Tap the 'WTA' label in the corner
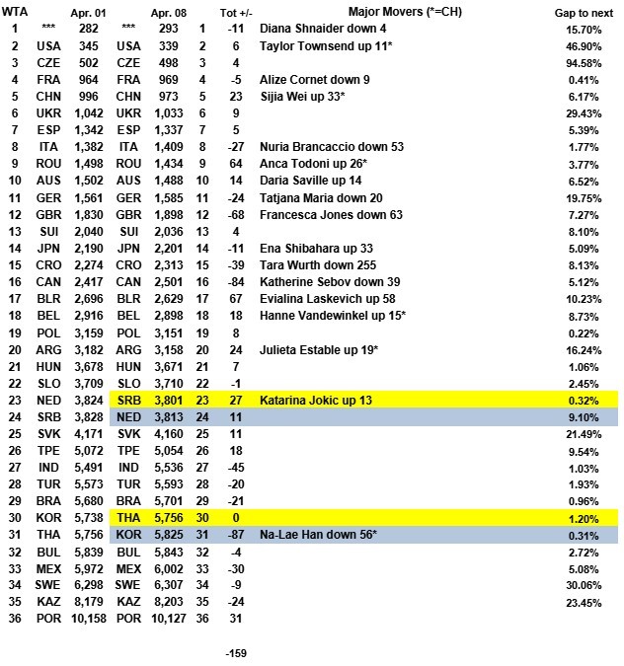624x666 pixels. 14,10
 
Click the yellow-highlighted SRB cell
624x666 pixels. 129,401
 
